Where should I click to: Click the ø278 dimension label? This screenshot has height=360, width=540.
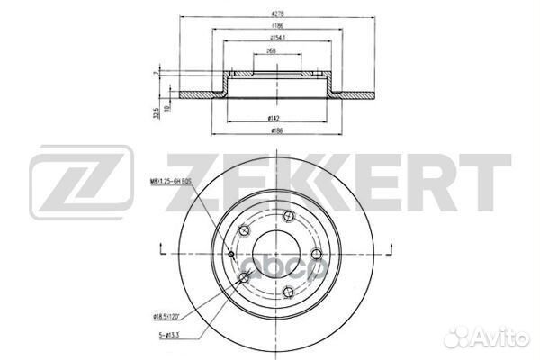271,14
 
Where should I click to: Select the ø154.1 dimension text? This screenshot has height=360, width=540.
271,40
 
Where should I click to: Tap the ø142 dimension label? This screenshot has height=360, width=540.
271,119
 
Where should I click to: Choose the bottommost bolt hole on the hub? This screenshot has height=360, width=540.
285,290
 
